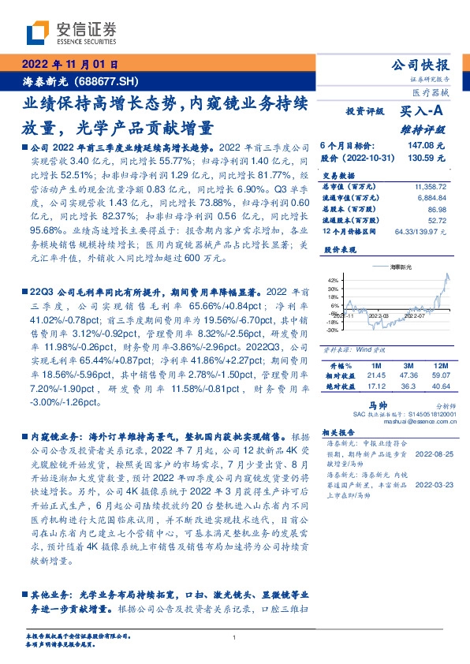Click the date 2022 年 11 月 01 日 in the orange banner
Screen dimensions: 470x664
[x=70, y=65]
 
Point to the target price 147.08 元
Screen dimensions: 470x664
[x=426, y=146]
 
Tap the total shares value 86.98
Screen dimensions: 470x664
[x=438, y=211]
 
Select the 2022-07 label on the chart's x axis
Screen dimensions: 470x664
[x=416, y=314]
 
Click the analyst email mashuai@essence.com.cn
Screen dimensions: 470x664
[x=410, y=421]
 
